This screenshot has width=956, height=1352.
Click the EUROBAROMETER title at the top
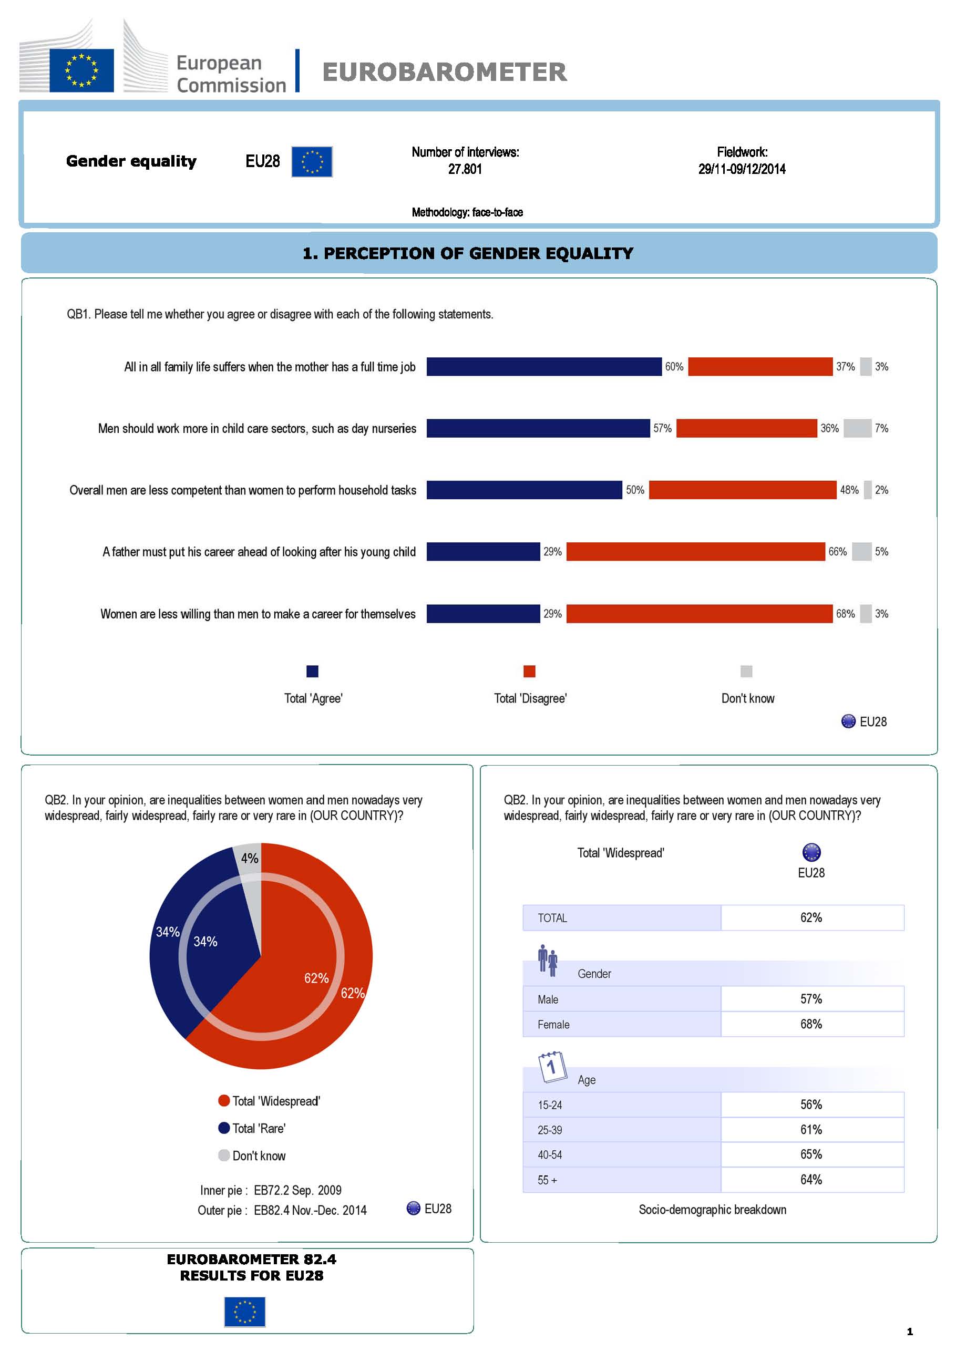pos(444,72)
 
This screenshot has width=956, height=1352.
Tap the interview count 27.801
pos(465,169)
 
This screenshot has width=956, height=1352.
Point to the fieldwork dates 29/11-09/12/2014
pos(742,169)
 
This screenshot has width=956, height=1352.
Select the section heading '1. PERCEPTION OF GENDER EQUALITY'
pos(468,253)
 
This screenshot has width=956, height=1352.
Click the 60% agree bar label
pos(674,367)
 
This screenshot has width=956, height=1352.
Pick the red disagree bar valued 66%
pos(695,552)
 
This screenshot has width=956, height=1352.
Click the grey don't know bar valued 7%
pos(857,428)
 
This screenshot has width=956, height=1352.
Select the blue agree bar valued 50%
pos(524,490)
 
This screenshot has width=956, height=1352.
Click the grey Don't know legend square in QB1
pos(746,672)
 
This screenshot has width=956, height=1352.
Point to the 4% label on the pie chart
pos(250,858)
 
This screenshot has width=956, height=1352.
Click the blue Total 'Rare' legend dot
pos(224,1128)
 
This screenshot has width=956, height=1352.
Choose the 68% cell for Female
pos(811,1024)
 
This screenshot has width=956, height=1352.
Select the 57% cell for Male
pos(811,999)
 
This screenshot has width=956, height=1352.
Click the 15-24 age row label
pos(550,1105)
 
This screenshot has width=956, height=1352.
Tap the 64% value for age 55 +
pos(811,1180)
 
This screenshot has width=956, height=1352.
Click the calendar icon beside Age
pos(552,1067)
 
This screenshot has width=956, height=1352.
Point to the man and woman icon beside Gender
pos(547,961)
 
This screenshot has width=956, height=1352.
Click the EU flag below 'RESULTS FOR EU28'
pos(244,1312)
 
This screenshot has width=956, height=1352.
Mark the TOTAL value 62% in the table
pos(811,917)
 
